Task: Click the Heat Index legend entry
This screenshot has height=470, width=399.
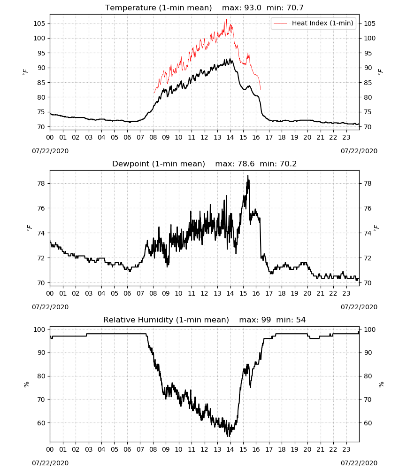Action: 314,23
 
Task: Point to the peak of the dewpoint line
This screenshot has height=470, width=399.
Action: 248,176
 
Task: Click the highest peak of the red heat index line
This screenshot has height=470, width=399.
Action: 226,20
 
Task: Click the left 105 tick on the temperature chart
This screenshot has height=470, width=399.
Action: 39,23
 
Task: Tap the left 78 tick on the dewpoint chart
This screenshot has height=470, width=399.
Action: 41,183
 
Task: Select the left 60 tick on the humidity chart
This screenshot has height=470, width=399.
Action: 41,423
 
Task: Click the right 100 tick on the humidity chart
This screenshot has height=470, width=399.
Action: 370,329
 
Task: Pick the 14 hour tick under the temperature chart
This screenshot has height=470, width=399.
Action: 230,137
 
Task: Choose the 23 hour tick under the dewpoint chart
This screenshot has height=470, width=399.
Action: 346,293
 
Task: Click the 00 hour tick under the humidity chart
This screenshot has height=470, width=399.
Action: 50,449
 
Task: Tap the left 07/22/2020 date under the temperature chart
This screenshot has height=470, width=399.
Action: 50,151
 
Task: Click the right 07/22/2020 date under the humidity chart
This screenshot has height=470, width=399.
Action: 359,463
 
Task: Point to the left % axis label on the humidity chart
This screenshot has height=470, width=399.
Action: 26,384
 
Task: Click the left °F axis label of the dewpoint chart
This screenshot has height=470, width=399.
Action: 29,228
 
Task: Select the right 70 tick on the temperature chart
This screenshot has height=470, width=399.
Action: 368,127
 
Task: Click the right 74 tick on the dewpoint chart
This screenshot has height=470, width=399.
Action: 368,233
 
